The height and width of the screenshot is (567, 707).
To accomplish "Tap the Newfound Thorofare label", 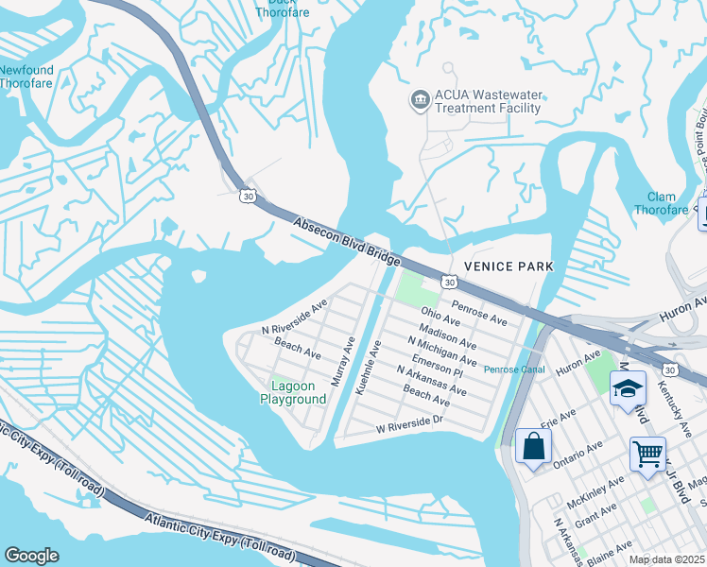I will pos(26,77).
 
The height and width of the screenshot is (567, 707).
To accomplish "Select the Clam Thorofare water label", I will pos(661,203).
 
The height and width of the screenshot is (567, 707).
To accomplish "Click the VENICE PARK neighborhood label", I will pos(509,266).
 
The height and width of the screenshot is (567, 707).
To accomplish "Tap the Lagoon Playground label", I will pos(293,392).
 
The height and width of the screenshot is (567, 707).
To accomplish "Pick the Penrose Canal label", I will pos(514,369).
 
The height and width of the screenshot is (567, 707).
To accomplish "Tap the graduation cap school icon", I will pos(628,388).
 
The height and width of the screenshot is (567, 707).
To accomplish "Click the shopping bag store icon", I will pos(533,446).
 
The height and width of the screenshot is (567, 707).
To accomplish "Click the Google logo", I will pos(31,556).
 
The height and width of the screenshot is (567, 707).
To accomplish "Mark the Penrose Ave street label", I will pos(479,313).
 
